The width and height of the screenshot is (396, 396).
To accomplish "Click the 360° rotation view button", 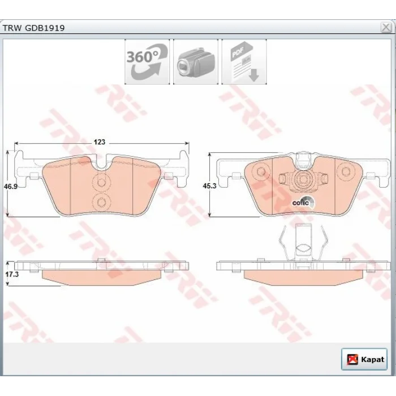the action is (147, 62).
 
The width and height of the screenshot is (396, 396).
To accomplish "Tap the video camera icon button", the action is (196, 62).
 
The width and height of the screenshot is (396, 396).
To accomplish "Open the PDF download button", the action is (244, 62).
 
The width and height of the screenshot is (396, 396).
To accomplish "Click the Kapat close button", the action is (364, 359).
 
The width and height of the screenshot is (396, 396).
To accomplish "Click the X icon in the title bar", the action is (386, 27).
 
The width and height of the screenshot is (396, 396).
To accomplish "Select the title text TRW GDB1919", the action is (33, 28).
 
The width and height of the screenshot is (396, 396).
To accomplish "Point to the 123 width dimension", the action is (100, 142).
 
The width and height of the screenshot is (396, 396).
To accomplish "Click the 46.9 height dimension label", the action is (11, 187).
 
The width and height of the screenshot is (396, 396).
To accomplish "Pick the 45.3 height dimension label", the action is (210, 186).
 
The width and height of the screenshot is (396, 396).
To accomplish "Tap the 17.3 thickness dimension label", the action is (12, 274).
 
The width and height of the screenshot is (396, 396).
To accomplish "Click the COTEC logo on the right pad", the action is (304, 203).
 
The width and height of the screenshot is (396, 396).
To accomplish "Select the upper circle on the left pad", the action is (101, 182).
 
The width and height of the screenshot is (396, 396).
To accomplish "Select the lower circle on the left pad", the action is (101, 202).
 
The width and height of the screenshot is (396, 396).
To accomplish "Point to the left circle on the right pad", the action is (261, 171).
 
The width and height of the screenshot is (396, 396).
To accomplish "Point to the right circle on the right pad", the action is (345, 171).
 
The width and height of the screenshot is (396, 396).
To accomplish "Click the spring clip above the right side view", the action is (303, 243).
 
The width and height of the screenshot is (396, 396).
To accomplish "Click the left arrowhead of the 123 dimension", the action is (16, 144).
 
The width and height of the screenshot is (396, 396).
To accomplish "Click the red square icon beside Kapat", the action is (352, 359).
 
